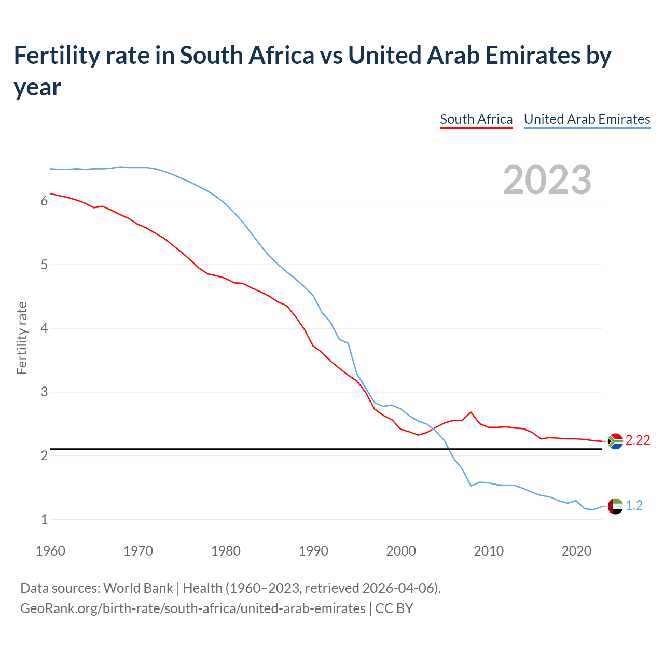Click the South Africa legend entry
(x=476, y=119)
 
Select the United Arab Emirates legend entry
(x=587, y=119)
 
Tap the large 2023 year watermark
(x=547, y=180)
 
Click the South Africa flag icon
(x=615, y=441)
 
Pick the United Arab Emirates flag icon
(x=615, y=506)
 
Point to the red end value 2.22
(x=638, y=440)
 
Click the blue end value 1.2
(x=634, y=506)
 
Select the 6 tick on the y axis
(x=44, y=201)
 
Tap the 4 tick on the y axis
(x=44, y=328)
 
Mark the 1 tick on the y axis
(x=44, y=519)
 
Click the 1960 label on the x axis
(x=50, y=551)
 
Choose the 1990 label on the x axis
(x=313, y=551)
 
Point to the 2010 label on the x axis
(x=489, y=551)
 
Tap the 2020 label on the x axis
(x=576, y=551)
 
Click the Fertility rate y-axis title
(x=22, y=338)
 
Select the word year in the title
(x=37, y=88)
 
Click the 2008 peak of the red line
(x=471, y=412)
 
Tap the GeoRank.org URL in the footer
(x=192, y=608)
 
